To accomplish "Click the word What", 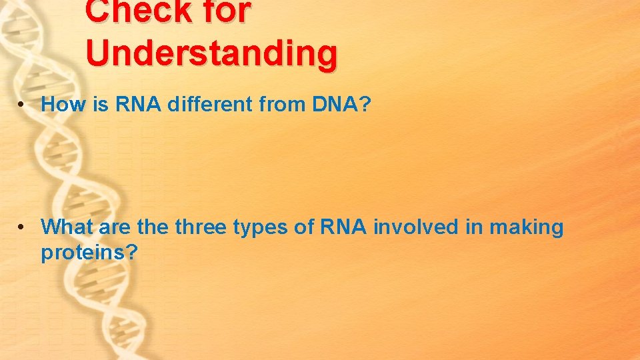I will [x=67, y=227].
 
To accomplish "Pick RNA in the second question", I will [x=343, y=227].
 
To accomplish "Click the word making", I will [x=527, y=228].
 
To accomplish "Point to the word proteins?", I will [x=89, y=253].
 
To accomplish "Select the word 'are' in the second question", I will [x=115, y=228].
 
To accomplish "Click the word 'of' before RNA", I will [x=307, y=227].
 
